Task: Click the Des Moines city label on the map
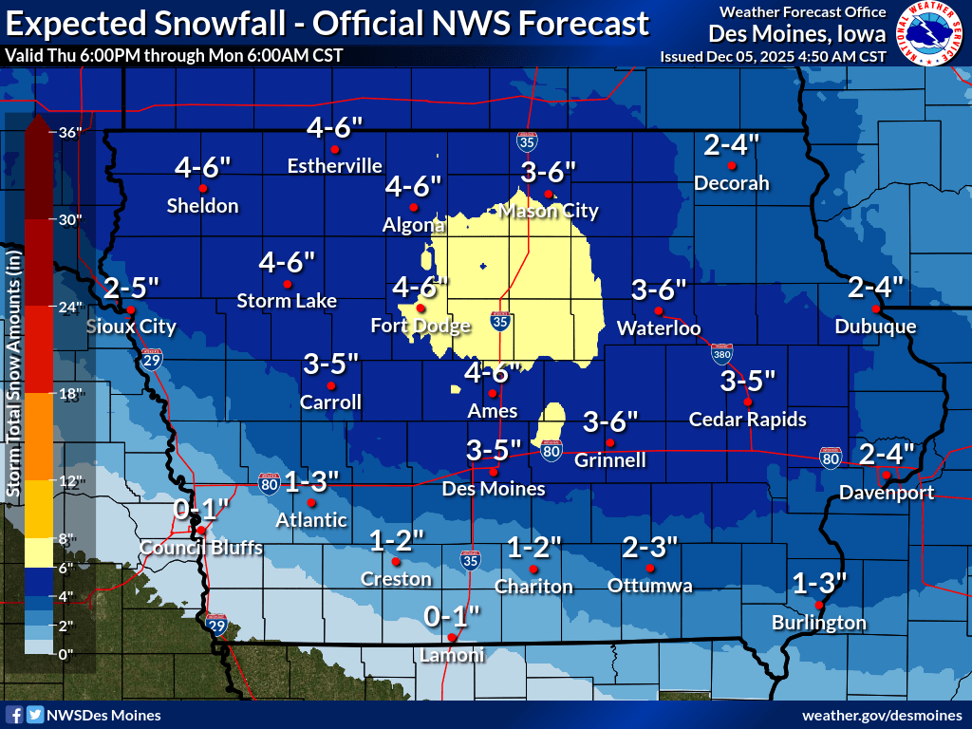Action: pyautogui.click(x=494, y=489)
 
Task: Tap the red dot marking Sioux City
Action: pyautogui.click(x=131, y=309)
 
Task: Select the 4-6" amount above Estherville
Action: pyautogui.click(x=335, y=126)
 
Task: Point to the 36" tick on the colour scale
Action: pyautogui.click(x=70, y=132)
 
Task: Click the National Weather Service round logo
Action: pyautogui.click(x=929, y=33)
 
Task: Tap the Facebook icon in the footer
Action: pyautogui.click(x=14, y=715)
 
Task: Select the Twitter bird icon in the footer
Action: pyautogui.click(x=34, y=715)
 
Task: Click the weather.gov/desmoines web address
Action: pyautogui.click(x=882, y=715)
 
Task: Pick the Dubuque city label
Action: pyautogui.click(x=875, y=327)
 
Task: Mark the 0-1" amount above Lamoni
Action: pyautogui.click(x=453, y=617)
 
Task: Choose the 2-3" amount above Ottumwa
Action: pyautogui.click(x=650, y=547)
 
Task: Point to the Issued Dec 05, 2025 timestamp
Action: pyautogui.click(x=773, y=56)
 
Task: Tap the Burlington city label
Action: pyautogui.click(x=818, y=623)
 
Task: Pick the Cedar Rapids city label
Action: pyautogui.click(x=747, y=419)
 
